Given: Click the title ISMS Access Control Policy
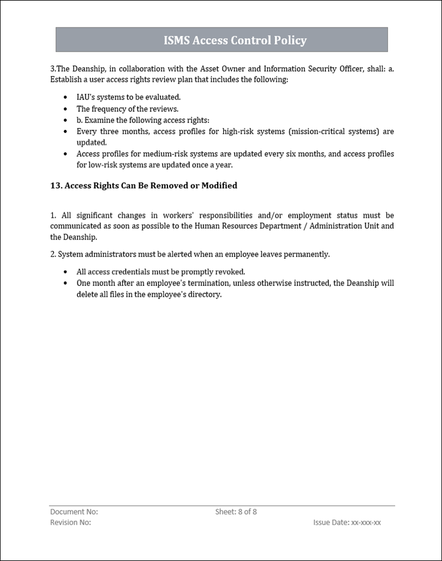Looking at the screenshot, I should click(235, 40).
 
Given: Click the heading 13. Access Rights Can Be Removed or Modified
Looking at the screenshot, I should click(144, 186).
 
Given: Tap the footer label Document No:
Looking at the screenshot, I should click(74, 512).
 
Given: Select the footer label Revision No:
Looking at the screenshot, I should click(70, 523).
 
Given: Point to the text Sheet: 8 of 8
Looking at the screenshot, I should click(236, 512).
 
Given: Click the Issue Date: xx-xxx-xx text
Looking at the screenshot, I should click(347, 523).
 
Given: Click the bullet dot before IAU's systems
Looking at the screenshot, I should click(65, 97).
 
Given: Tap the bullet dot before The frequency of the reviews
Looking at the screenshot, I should click(65, 109).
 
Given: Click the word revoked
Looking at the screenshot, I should click(230, 272).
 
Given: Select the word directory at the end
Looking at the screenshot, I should click(204, 295).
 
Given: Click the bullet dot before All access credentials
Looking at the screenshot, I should click(65, 272).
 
